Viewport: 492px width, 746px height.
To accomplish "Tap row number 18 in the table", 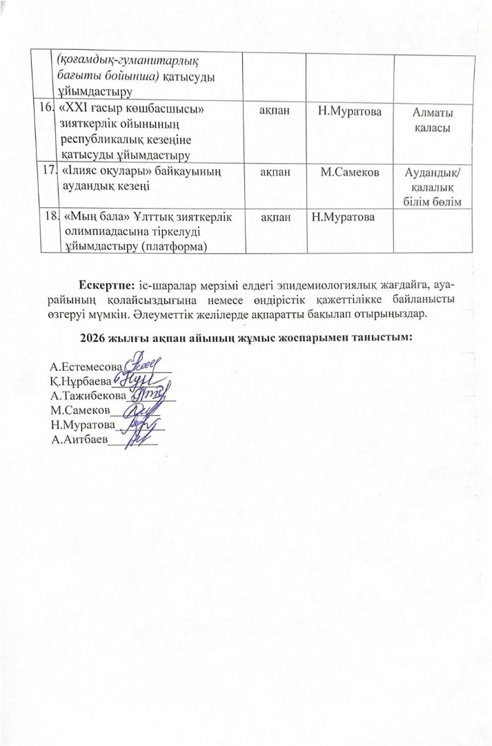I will click(x=50, y=217).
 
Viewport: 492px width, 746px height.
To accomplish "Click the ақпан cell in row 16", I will click(x=273, y=111).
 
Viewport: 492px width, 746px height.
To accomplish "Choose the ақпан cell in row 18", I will click(x=273, y=218).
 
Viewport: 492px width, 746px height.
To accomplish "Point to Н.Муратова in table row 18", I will click(x=343, y=218).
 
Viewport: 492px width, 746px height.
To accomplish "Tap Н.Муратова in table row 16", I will click(x=349, y=111).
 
